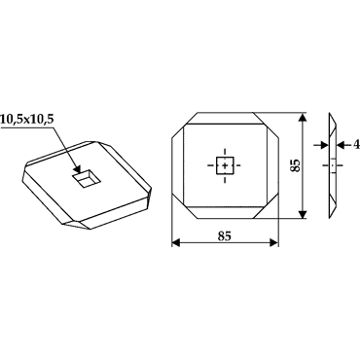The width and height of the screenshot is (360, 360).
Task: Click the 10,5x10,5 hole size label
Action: click(x=26, y=120)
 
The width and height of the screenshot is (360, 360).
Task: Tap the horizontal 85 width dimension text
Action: click(x=225, y=236)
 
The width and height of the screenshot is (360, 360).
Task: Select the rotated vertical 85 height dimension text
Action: click(x=296, y=165)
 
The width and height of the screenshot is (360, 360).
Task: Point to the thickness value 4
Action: click(x=356, y=145)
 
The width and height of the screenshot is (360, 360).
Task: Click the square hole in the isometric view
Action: click(x=86, y=179)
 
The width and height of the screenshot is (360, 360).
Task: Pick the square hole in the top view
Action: click(x=225, y=165)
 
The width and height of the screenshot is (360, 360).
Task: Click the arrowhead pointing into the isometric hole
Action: click(x=76, y=169)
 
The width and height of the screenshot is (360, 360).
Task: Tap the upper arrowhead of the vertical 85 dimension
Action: click(x=303, y=117)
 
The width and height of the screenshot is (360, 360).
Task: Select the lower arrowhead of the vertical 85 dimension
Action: click(x=303, y=214)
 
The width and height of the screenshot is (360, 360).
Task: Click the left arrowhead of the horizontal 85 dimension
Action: click(x=176, y=242)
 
